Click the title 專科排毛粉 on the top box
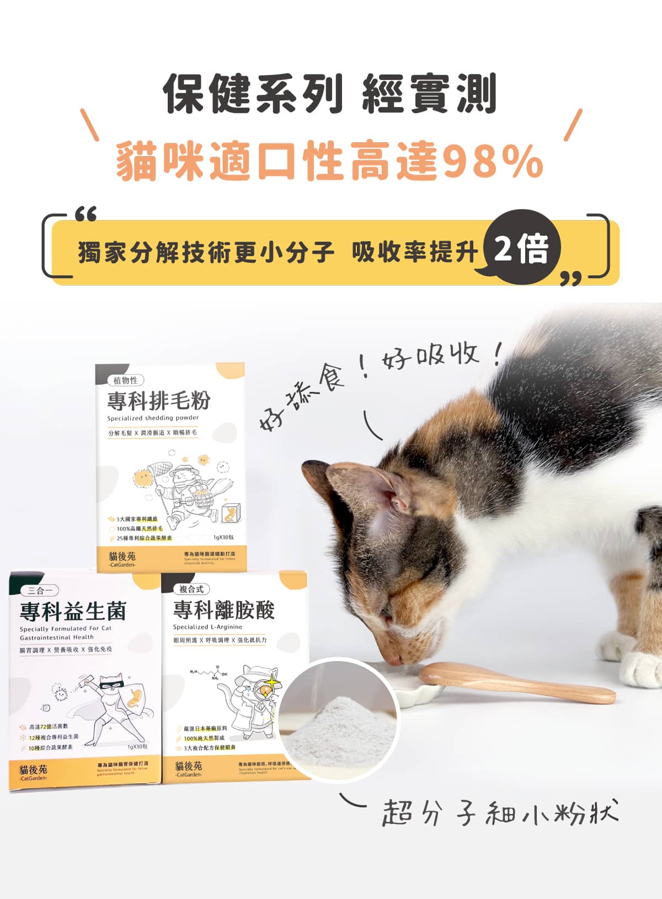click(x=159, y=401)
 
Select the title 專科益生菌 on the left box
click(x=73, y=611)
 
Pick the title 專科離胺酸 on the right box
click(x=224, y=610)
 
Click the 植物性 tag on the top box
click(x=126, y=380)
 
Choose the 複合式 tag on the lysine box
click(x=191, y=589)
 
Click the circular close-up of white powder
click(x=338, y=720)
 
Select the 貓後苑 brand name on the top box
click(x=122, y=556)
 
